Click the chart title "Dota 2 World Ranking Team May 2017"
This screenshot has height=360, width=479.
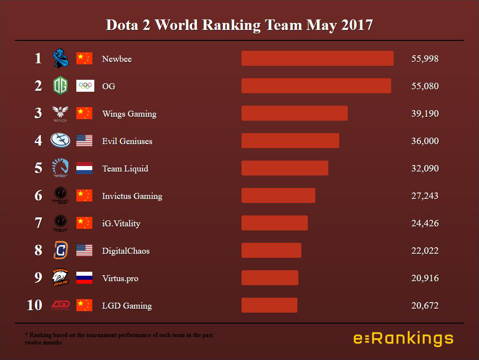pos(239,25)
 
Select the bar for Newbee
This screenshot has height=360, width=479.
pos(317,58)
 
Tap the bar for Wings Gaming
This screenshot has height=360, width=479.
pos(294,113)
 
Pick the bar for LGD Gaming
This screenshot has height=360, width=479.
pos(269,305)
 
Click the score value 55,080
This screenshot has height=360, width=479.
pos(425,86)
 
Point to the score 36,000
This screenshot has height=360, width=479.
pos(425,141)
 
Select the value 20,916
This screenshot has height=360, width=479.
pos(425,278)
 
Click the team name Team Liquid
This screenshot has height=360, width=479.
pos(125,169)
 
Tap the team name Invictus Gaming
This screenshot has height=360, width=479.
pos(132,196)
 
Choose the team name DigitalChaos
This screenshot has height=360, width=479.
pos(126,251)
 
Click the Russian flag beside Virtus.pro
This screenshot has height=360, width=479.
pos(84,278)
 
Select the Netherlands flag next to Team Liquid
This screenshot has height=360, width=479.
pos(84,169)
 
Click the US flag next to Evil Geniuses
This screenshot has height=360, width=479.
pos(84,141)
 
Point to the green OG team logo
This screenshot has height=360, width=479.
pos(60,86)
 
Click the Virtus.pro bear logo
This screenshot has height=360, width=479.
pos(60,278)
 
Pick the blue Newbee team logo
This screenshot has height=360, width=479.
pos(60,58)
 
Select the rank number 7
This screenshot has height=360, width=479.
pos(38,223)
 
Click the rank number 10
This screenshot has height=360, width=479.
pos(34,305)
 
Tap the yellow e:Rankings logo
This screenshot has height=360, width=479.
pos(403,339)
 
